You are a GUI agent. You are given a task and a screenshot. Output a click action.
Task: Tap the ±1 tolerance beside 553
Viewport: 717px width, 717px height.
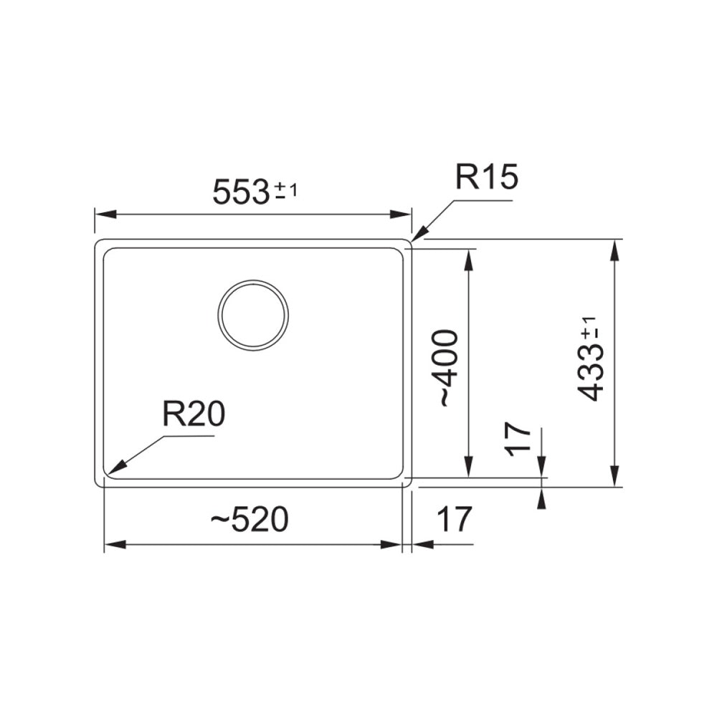point(286,191)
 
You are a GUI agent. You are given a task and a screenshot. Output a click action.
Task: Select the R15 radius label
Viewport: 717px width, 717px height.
point(487,178)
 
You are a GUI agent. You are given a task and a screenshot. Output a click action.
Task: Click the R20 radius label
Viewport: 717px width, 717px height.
point(194,414)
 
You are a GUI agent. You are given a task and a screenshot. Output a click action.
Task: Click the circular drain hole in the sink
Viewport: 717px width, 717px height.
point(253,315)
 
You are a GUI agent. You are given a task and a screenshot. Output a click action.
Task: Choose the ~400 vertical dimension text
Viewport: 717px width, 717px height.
point(447,368)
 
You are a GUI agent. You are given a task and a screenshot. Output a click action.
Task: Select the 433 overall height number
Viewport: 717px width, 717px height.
point(591,373)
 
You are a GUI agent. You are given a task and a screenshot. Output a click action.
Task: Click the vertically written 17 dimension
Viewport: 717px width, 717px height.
point(518,439)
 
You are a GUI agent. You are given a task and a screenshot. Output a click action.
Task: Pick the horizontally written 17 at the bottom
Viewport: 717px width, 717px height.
point(455,519)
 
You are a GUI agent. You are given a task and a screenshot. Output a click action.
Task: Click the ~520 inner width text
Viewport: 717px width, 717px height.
point(249,520)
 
